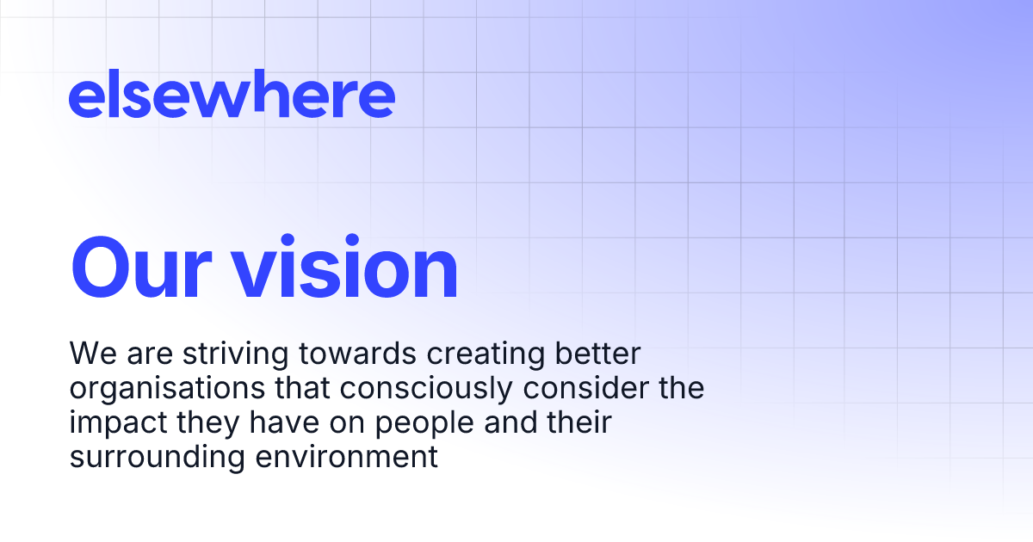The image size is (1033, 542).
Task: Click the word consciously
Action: (x=441, y=389)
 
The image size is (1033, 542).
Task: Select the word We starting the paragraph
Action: (x=89, y=354)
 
